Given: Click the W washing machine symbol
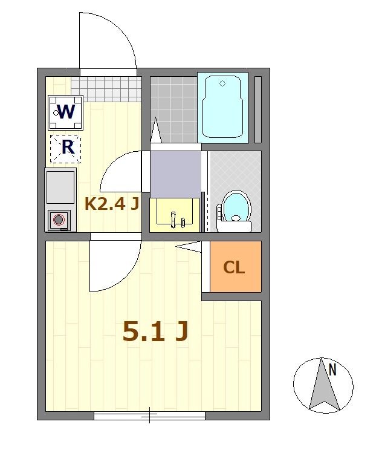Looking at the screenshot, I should pos(65,112).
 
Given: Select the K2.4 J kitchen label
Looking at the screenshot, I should pos(112,204).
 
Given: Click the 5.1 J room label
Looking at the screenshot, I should pos(155,331).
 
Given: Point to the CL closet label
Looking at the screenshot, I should pos(234,267).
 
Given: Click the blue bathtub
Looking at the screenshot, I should pos(222,106).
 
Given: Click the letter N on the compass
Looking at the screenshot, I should pos(332,369).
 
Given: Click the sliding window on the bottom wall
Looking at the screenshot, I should pos(149,415).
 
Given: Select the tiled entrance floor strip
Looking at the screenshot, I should pos(106,85).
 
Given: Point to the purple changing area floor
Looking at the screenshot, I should pos(175,174).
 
